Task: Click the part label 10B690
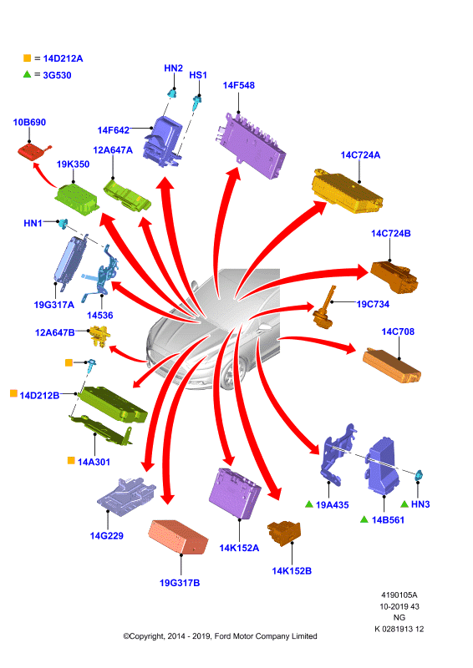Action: (29, 122)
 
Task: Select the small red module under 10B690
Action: (33, 151)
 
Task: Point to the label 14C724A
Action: (360, 155)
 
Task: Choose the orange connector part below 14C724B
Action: (394, 276)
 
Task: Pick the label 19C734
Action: (373, 304)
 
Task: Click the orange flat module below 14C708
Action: (392, 365)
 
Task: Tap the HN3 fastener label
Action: (420, 504)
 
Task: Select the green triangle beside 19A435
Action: (309, 504)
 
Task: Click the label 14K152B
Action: (292, 571)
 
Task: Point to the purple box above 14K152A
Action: (235, 493)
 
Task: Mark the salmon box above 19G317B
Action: (178, 537)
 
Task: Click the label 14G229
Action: (107, 536)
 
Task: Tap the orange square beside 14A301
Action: (71, 461)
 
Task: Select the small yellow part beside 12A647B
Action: (99, 336)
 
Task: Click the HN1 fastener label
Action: (33, 223)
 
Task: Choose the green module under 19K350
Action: (77, 200)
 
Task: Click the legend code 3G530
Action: (57, 75)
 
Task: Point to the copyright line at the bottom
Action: (220, 636)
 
